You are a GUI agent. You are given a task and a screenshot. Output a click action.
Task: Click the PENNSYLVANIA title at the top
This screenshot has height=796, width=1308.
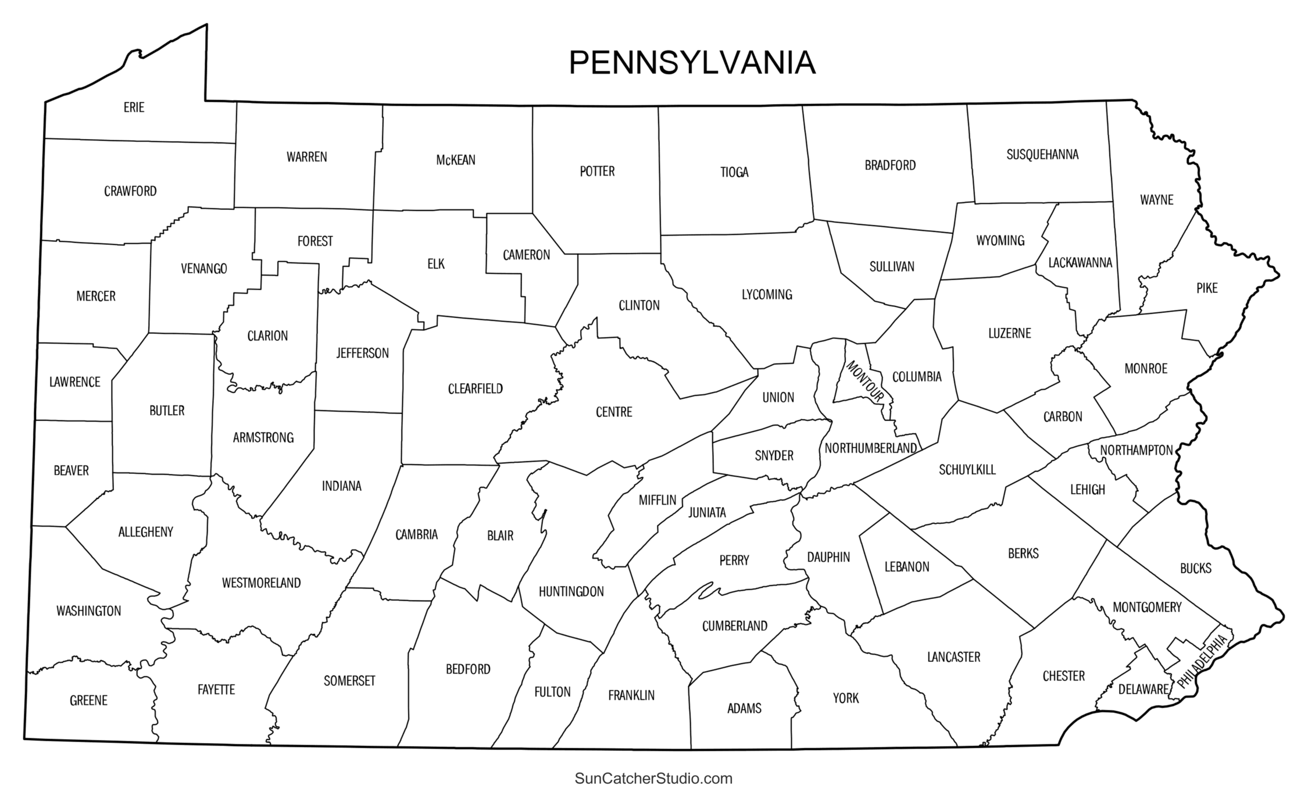tap(692, 63)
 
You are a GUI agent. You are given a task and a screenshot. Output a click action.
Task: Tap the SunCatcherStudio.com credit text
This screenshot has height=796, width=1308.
tap(653, 778)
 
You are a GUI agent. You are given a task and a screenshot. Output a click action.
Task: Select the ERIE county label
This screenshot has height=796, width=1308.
tap(134, 108)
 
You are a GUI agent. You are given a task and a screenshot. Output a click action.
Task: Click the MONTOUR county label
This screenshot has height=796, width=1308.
tap(865, 381)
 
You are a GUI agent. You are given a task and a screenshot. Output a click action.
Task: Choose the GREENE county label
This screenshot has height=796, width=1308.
tap(88, 701)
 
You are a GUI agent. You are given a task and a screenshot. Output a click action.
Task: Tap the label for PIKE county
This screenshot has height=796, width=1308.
tap(1207, 288)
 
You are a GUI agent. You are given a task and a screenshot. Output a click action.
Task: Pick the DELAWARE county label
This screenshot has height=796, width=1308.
tap(1143, 690)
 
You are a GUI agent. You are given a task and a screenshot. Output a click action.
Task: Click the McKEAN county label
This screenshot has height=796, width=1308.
tap(456, 160)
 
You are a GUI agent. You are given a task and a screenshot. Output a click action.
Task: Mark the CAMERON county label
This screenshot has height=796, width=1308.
tap(526, 255)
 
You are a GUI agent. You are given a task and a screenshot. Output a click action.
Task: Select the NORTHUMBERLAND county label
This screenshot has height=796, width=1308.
tap(870, 448)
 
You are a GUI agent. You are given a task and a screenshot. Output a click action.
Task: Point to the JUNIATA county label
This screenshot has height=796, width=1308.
tap(707, 513)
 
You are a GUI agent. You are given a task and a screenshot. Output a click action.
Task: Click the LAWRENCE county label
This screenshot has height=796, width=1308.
tap(74, 383)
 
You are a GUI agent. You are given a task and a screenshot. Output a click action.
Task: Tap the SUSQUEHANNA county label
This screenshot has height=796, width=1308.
tap(1042, 155)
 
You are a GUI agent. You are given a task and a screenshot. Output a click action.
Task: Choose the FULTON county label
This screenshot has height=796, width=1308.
tap(552, 692)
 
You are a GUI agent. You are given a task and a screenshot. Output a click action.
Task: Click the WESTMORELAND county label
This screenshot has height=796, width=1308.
tap(261, 583)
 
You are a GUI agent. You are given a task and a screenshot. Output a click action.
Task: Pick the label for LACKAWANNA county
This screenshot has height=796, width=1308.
tap(1080, 263)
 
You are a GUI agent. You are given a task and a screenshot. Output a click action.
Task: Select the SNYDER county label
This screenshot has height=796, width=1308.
tap(774, 456)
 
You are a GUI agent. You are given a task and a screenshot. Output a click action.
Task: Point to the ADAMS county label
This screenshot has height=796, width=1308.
tap(744, 709)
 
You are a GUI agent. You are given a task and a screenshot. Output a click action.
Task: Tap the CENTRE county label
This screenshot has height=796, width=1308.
tap(614, 412)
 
